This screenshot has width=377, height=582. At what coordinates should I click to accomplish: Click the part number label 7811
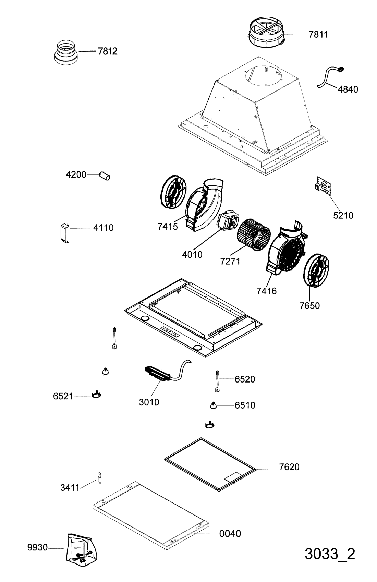318,34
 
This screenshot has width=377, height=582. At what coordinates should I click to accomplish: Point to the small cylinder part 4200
105,176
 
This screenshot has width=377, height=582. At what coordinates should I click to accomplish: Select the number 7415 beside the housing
168,227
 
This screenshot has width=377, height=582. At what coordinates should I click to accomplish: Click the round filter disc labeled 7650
316,270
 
